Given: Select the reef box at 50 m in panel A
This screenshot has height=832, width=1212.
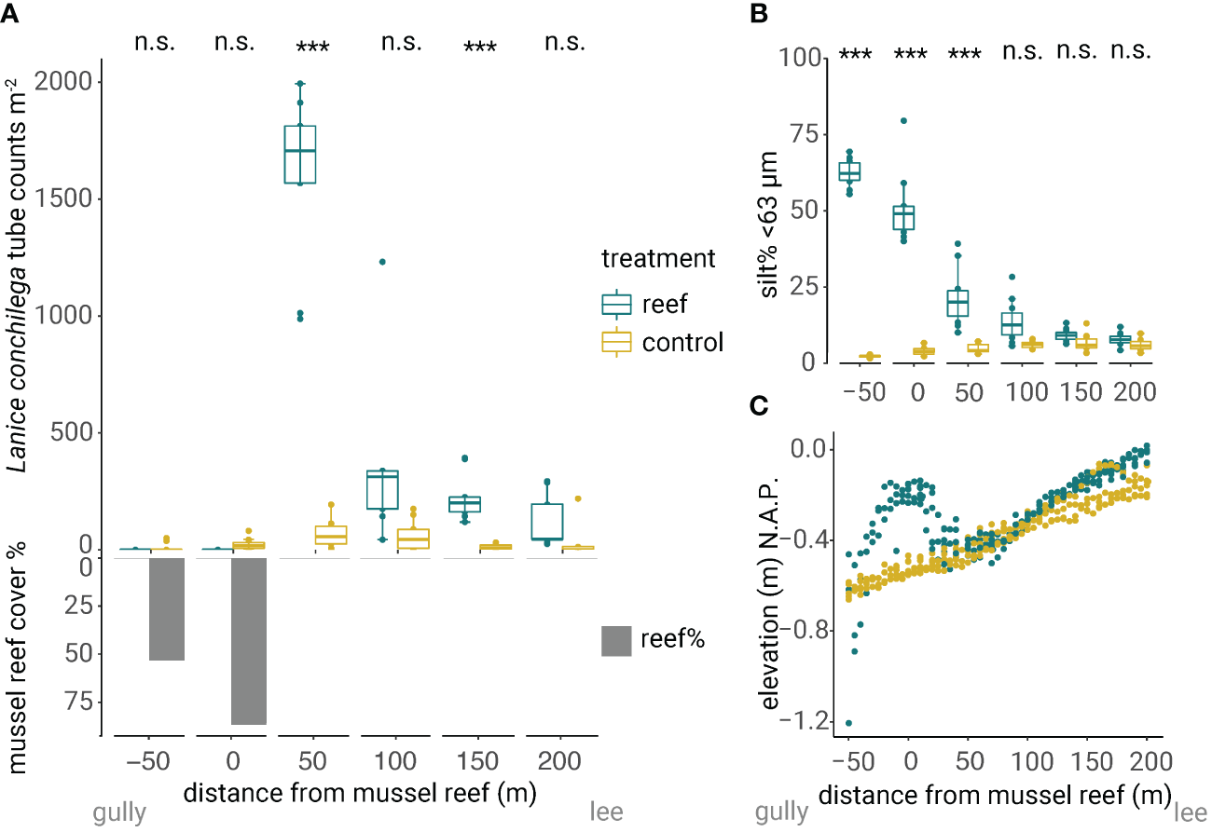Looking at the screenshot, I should pyautogui.click(x=300, y=154).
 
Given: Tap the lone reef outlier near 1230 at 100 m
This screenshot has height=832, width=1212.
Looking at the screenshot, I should pyautogui.click(x=382, y=262).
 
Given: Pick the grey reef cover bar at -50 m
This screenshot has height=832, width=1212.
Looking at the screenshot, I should pyautogui.click(x=167, y=608).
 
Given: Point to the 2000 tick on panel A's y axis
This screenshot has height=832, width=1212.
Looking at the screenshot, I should pyautogui.click(x=63, y=83).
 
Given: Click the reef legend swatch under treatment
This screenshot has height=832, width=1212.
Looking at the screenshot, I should pyautogui.click(x=616, y=305).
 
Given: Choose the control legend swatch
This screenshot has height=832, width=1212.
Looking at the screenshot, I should pyautogui.click(x=616, y=343).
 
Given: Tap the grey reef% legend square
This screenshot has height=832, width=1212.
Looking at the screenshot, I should pyautogui.click(x=616, y=640).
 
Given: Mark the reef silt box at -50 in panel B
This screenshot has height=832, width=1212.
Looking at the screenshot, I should pyautogui.click(x=849, y=171).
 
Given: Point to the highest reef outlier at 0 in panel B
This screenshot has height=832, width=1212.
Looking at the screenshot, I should pyautogui.click(x=903, y=121).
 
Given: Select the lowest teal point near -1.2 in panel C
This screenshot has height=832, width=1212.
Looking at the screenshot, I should pyautogui.click(x=848, y=723).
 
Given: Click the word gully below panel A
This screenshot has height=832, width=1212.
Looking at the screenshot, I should pyautogui.click(x=119, y=813).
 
